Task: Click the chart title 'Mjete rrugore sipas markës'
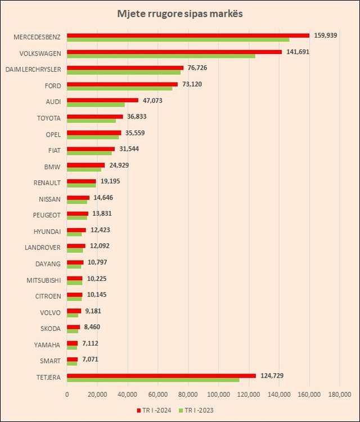[x=180, y=13]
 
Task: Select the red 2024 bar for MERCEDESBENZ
[x=188, y=35]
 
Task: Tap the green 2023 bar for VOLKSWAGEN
[x=161, y=56]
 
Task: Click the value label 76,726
[x=199, y=68]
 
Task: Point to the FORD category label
[x=52, y=86]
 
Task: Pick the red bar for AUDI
[x=102, y=100]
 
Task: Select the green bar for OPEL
[x=93, y=137]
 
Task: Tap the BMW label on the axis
[x=53, y=167]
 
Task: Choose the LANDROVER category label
[x=43, y=247]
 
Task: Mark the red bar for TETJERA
[x=161, y=375]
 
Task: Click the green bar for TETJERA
[x=153, y=380]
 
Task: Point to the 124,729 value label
[x=273, y=375]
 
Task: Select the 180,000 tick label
[x=339, y=394]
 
